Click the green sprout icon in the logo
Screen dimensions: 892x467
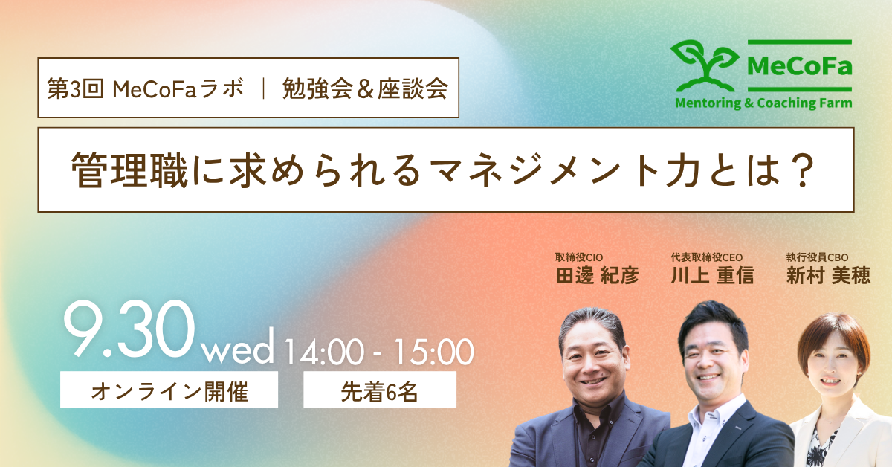[x=704, y=65]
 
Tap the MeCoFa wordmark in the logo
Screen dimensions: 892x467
[x=800, y=65]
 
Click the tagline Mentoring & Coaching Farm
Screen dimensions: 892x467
[x=763, y=103]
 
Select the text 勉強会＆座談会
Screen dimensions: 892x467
[x=365, y=88]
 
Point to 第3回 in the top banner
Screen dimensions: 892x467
[x=76, y=88]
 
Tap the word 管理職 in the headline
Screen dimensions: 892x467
[x=129, y=170]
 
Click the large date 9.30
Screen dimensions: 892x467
[x=129, y=330]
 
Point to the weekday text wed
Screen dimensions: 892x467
[x=239, y=347]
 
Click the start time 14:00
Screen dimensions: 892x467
[x=324, y=352]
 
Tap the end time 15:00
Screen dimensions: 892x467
[x=433, y=352]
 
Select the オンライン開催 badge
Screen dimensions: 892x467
[x=169, y=390]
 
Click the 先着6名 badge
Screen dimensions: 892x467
[x=380, y=390]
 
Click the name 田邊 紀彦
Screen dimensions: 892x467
[x=598, y=275]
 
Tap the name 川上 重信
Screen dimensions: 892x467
[x=712, y=275]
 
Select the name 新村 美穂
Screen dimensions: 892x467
[x=828, y=275]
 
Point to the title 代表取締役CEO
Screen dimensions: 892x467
[x=706, y=257]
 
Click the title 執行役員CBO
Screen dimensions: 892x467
[x=817, y=257]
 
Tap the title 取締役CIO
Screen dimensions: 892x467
[x=579, y=257]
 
